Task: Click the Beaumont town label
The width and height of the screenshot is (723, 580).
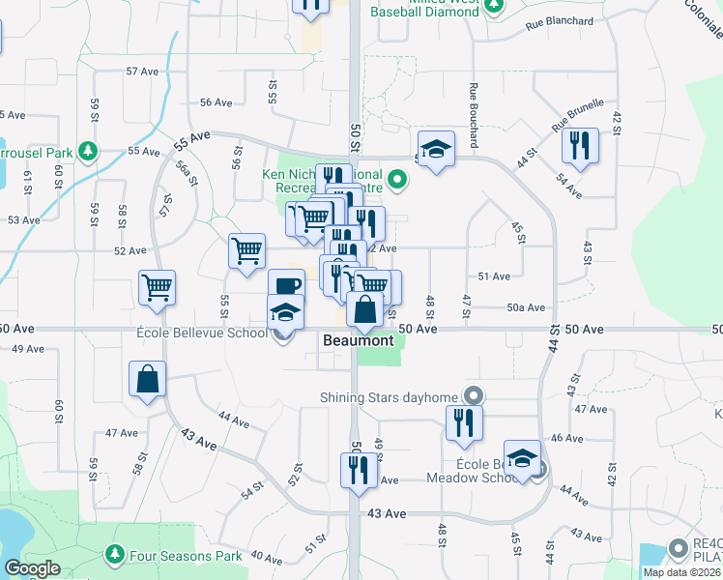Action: click(358, 341)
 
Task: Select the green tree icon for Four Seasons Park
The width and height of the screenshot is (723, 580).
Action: click(115, 554)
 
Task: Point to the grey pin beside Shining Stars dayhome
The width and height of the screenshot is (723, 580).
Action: click(473, 395)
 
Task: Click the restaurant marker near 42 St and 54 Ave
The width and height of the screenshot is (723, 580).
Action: click(579, 146)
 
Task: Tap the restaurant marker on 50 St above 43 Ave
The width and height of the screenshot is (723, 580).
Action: click(358, 470)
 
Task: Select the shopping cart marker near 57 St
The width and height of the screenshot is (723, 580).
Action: click(157, 287)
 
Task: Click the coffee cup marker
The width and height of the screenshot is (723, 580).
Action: click(286, 285)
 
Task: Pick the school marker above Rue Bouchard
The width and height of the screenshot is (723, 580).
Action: click(436, 149)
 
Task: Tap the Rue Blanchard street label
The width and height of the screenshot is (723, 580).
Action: click(560, 20)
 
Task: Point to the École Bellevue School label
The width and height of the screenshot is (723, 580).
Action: click(201, 334)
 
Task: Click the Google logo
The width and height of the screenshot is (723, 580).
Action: click(33, 568)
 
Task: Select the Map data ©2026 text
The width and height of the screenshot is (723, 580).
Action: click(681, 572)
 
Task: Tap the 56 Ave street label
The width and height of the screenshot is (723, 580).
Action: click(217, 101)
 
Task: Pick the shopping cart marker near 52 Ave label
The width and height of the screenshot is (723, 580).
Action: click(246, 250)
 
